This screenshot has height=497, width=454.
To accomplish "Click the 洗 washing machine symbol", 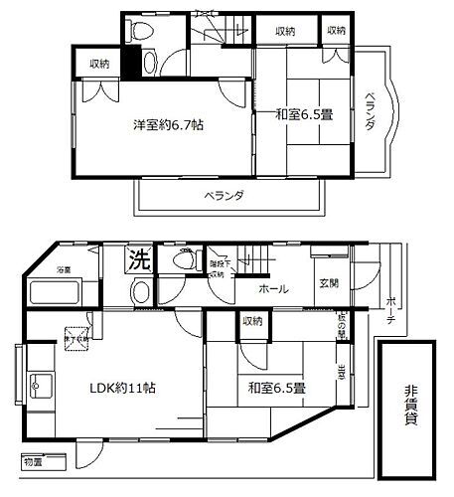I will [x=140, y=261].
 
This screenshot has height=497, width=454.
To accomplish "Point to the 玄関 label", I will [x=329, y=282].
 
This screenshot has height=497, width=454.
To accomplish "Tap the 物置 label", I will [x=34, y=462].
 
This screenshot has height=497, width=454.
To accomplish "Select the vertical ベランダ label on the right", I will [x=369, y=117].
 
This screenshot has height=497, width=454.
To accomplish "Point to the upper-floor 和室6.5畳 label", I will [x=305, y=114].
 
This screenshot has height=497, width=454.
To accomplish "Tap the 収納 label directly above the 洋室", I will [x=98, y=64].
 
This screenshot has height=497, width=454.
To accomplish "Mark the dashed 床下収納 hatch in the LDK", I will [x=74, y=335].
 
